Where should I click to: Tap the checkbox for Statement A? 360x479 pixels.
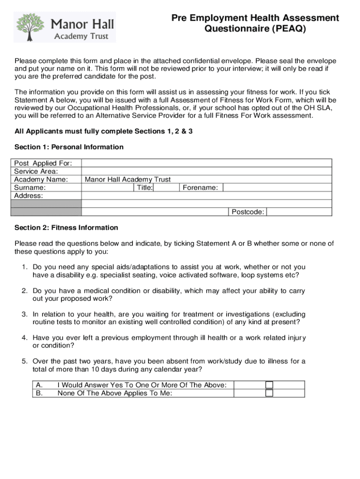pyautogui.click(x=269, y=385)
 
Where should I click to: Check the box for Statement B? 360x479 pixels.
pyautogui.click(x=269, y=393)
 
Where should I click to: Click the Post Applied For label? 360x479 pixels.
pyautogui.click(x=43, y=163)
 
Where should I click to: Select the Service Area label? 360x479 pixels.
pyautogui.click(x=36, y=171)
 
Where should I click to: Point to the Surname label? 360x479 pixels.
pyautogui.click(x=30, y=188)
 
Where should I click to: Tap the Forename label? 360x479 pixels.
pyautogui.click(x=200, y=188)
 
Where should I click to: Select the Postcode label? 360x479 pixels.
pyautogui.click(x=248, y=212)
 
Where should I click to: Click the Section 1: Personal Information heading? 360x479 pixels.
pyautogui.click(x=69, y=147)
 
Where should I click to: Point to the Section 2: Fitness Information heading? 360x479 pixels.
pyautogui.click(x=66, y=228)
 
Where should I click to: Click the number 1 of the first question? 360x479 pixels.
pyautogui.click(x=23, y=267)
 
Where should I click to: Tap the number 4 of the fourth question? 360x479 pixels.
pyautogui.click(x=23, y=338)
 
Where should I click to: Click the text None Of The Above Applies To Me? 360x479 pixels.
pyautogui.click(x=115, y=393)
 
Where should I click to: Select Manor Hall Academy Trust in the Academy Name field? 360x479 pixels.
pyautogui.click(x=128, y=179)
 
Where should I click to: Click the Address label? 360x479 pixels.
pyautogui.click(x=29, y=196)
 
